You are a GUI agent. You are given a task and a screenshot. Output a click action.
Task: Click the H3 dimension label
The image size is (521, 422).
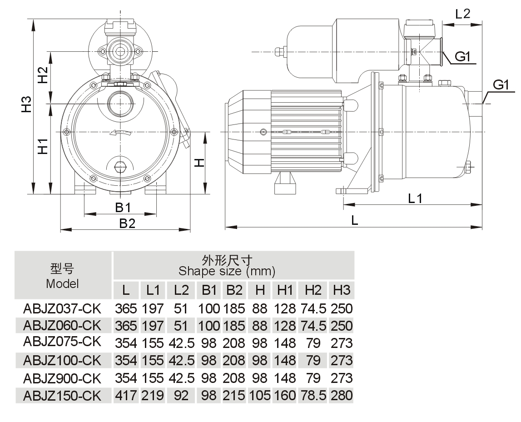point(28,104)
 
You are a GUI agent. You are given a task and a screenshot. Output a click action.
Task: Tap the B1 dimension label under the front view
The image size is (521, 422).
point(123,208)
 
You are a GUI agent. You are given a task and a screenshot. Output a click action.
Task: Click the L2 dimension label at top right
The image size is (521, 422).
point(462,14)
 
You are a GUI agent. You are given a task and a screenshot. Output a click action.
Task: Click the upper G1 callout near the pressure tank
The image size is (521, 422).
point(465,57)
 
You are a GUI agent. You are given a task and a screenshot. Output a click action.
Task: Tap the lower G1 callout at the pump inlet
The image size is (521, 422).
point(503,85)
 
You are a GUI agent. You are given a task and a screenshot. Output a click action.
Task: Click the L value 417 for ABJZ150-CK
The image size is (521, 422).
point(126,395)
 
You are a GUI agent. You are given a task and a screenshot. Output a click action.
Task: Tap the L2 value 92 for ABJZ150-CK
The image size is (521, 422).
point(181,395)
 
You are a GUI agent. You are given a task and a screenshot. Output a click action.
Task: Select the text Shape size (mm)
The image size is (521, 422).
point(227,272)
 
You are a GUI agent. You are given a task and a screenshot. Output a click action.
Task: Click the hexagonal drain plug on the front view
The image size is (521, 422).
point(120,166)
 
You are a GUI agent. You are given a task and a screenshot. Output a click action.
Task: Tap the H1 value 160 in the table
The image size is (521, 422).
point(285,395)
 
